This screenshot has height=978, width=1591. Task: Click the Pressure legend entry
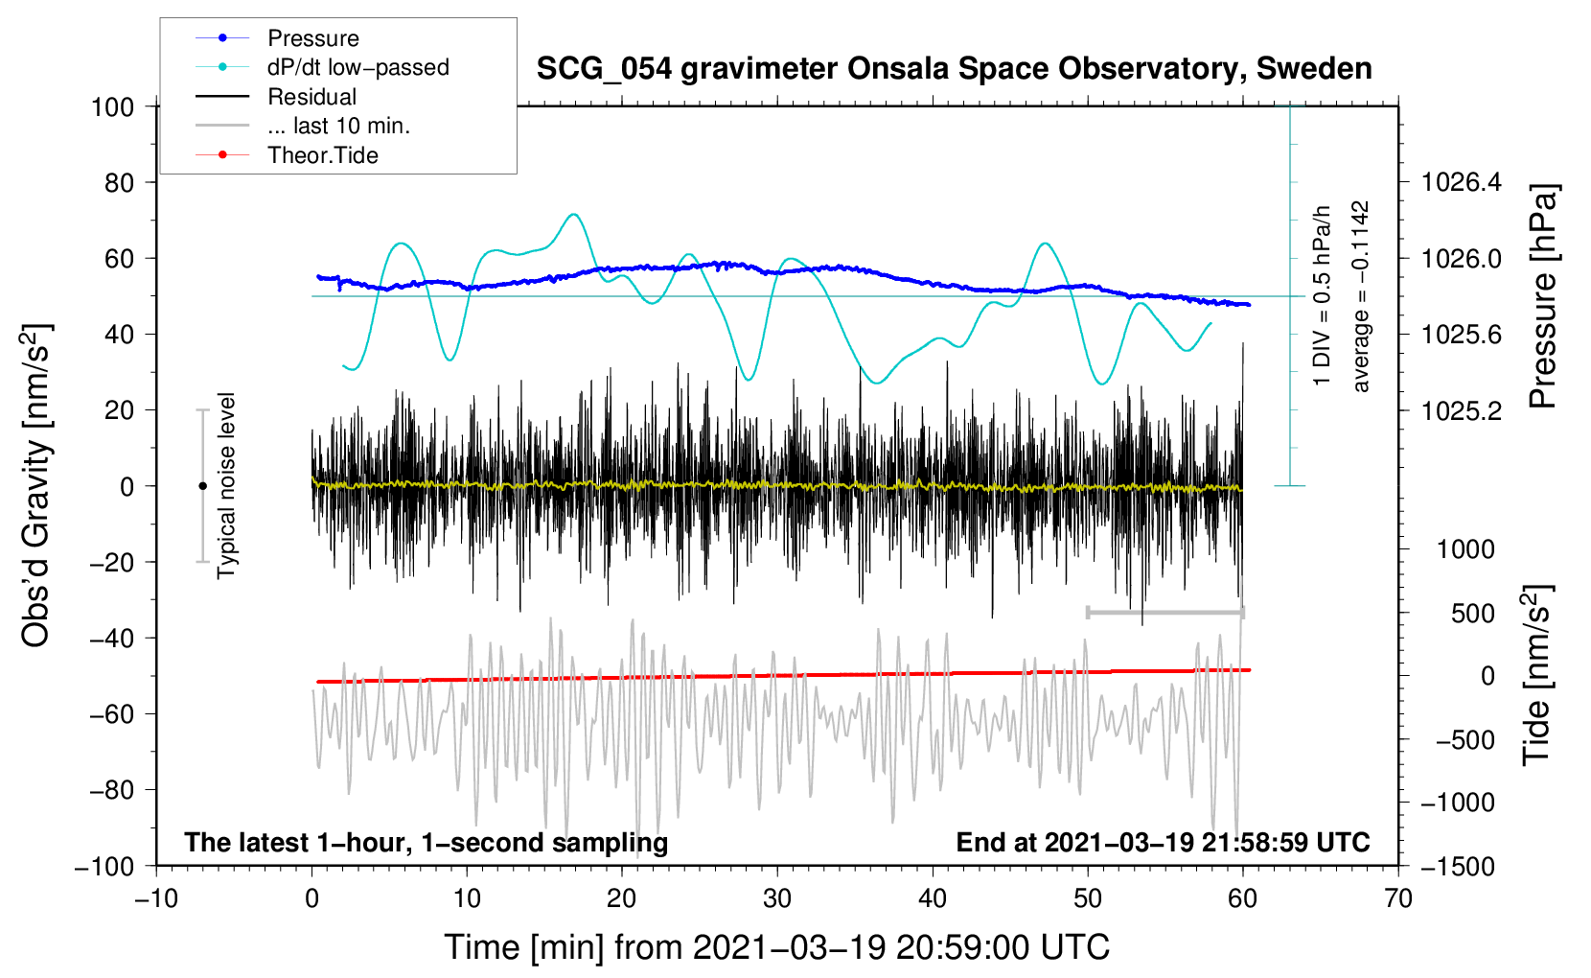312,38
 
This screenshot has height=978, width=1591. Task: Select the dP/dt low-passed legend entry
357,67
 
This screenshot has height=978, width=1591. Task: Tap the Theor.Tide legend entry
322,155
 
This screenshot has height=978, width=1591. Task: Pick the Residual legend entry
311,97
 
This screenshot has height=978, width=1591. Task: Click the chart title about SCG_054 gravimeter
954,69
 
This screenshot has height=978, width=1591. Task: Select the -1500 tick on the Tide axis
1458,866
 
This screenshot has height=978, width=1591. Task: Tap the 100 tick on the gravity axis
112,106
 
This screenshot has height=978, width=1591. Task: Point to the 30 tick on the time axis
777,898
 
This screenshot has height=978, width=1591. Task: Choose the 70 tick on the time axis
1398,898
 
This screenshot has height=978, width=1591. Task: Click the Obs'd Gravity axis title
35,485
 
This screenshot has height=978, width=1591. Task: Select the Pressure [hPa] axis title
1542,297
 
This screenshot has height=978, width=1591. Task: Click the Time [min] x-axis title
776,947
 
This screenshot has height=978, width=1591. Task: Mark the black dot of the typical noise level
202,486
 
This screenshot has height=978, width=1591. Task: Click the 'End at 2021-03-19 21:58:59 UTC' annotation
1163,842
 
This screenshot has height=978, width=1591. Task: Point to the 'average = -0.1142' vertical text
1360,297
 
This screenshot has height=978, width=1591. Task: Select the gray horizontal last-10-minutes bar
1164,613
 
